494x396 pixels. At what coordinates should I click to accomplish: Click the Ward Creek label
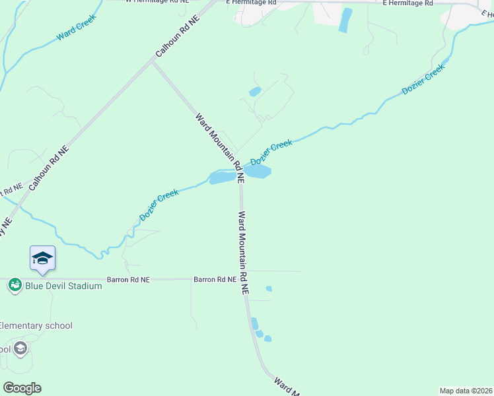[x=76, y=26]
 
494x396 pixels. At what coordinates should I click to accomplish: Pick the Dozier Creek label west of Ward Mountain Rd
[x=159, y=205]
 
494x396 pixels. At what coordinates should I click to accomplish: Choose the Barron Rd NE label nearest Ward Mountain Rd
[x=215, y=279]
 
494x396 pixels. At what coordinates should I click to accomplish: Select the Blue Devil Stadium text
[x=63, y=286]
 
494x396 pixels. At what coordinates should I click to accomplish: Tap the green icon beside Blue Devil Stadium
[x=15, y=286]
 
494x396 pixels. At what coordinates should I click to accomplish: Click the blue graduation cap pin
[x=42, y=258]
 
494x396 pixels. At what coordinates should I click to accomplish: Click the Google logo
[x=22, y=388]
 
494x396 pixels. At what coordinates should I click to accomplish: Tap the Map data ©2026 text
[x=466, y=391]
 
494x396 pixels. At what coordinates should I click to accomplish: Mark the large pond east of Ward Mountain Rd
[x=258, y=172]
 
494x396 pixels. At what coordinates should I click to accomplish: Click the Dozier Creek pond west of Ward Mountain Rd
[x=221, y=178]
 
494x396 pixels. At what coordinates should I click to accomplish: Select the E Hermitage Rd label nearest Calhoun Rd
[x=250, y=3]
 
